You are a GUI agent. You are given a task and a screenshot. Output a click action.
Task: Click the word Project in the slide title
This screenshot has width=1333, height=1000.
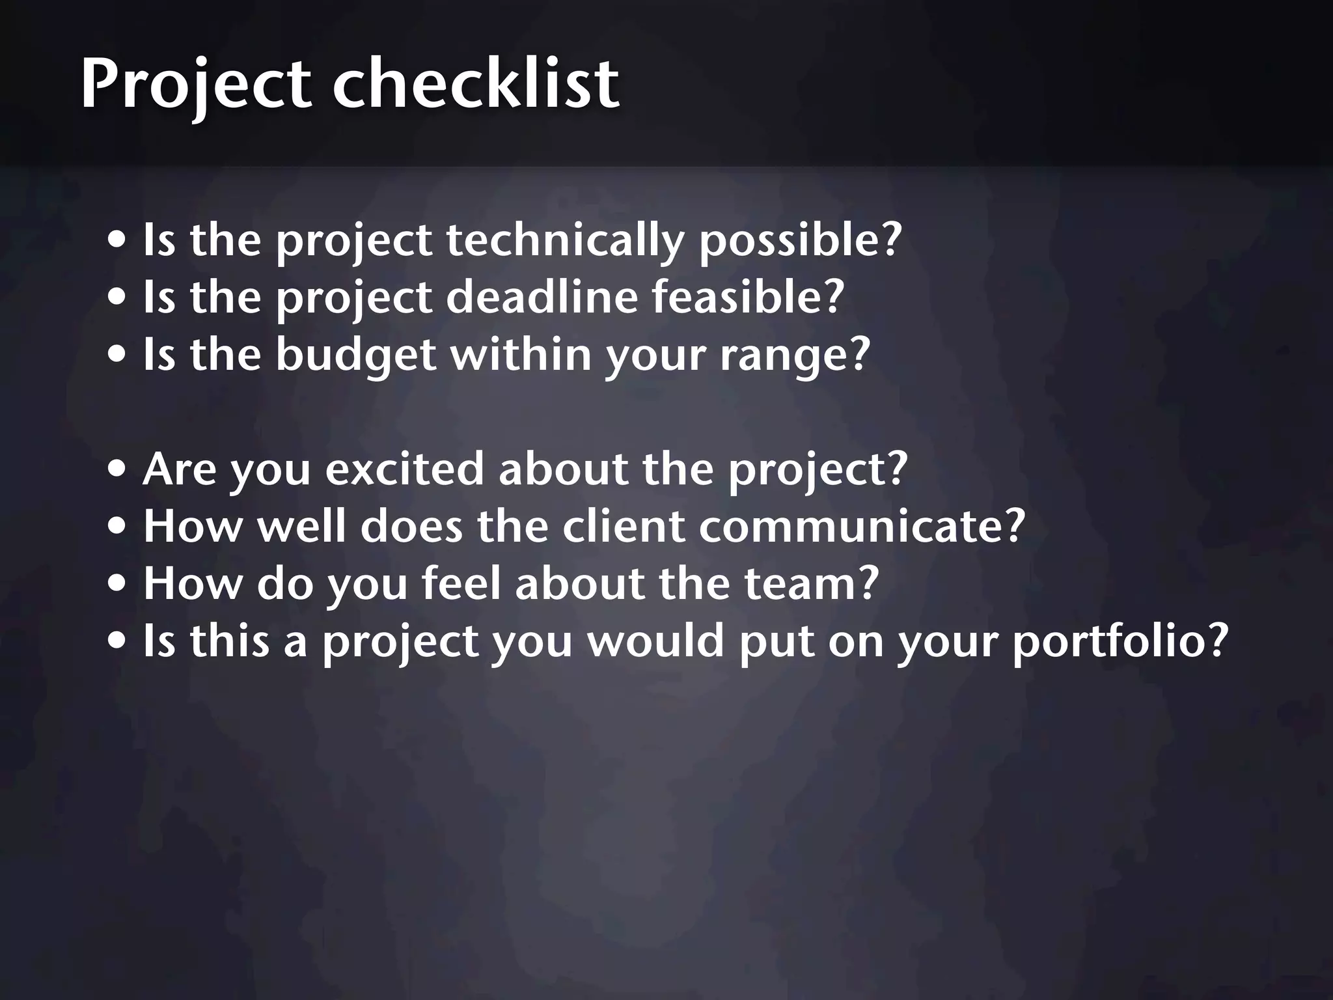point(195,85)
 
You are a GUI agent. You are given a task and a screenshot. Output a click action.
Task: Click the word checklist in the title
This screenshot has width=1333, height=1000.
point(476,83)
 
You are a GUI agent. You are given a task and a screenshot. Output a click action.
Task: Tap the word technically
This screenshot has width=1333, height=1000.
point(565,240)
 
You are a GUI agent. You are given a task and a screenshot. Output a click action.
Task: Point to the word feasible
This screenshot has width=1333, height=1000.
point(741,297)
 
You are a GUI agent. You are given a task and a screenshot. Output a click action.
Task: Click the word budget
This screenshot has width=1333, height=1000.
point(355,355)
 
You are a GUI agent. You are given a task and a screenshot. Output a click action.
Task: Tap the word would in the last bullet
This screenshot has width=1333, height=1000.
point(655,641)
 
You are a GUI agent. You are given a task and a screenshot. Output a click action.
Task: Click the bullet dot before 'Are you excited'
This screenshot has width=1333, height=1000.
point(118,470)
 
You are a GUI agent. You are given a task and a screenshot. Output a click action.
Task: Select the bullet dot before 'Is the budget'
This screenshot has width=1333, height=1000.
point(118,355)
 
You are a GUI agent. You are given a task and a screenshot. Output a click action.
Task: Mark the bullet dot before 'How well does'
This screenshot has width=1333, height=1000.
point(118,527)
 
